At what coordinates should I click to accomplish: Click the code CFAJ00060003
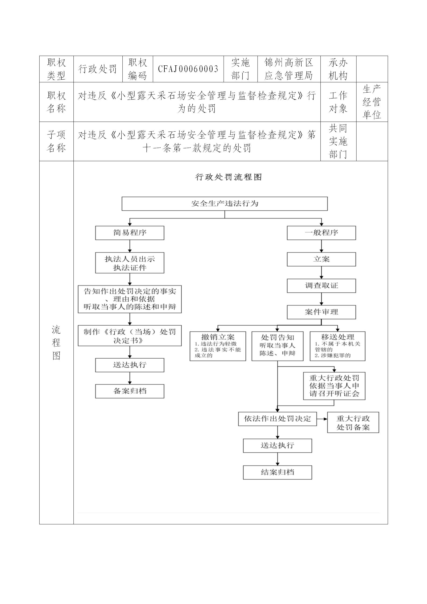[x=188, y=69]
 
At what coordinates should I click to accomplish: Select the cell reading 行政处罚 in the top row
[x=98, y=69]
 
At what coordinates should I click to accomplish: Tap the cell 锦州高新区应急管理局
[x=289, y=69]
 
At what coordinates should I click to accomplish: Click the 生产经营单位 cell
[x=372, y=102]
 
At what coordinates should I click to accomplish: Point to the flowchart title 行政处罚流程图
[x=228, y=177]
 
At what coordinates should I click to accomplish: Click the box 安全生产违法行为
[x=225, y=204]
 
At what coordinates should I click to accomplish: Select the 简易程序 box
[x=130, y=233]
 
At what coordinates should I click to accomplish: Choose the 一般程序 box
[x=321, y=233]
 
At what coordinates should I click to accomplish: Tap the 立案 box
[x=321, y=259]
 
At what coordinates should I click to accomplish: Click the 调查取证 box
[x=321, y=286]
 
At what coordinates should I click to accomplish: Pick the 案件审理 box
[x=321, y=312]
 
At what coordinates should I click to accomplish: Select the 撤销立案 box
[x=218, y=346]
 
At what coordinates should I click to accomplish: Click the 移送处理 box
[x=337, y=346]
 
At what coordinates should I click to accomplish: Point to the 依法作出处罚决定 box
[x=277, y=419]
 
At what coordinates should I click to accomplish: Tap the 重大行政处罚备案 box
[x=353, y=422]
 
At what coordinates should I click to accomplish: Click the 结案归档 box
[x=277, y=472]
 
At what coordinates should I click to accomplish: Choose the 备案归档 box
[x=130, y=391]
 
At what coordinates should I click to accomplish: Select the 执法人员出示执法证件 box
[x=130, y=263]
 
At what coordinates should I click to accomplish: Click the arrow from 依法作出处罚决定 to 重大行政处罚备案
[x=322, y=419]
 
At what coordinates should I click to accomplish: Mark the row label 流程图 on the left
[x=56, y=342]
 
